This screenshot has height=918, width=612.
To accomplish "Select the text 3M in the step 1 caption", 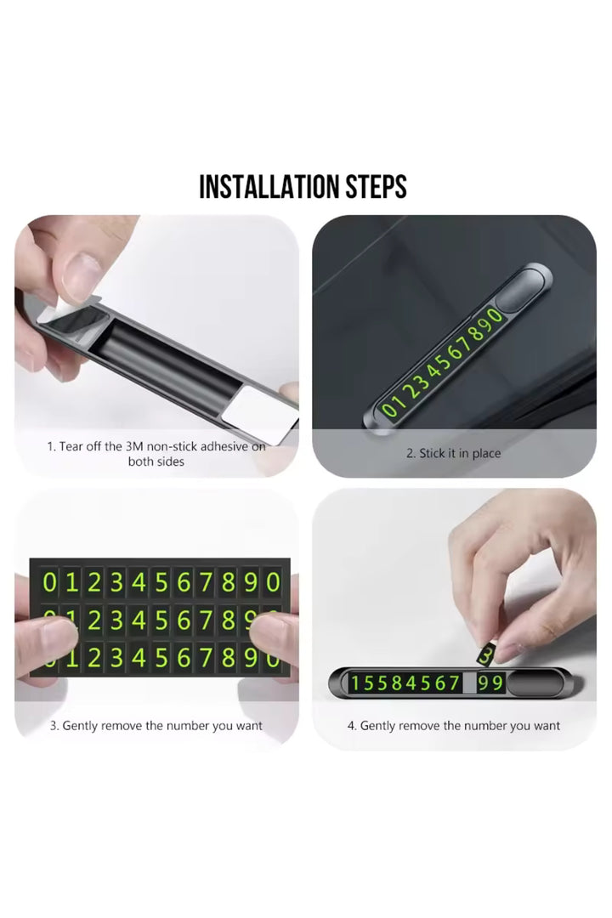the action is [134, 446].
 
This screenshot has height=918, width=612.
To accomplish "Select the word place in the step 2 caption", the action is [486, 453].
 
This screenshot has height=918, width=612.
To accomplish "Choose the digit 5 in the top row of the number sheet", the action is [161, 582].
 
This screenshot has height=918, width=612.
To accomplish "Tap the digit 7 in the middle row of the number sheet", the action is [207, 620].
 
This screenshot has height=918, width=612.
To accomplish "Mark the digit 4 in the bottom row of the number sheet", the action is [139, 658].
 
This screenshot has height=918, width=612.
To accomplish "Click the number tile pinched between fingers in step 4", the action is [484, 655].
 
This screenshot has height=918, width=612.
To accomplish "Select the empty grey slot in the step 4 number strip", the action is [470, 683].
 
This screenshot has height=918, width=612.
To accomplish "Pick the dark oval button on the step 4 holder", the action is [535, 683].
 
